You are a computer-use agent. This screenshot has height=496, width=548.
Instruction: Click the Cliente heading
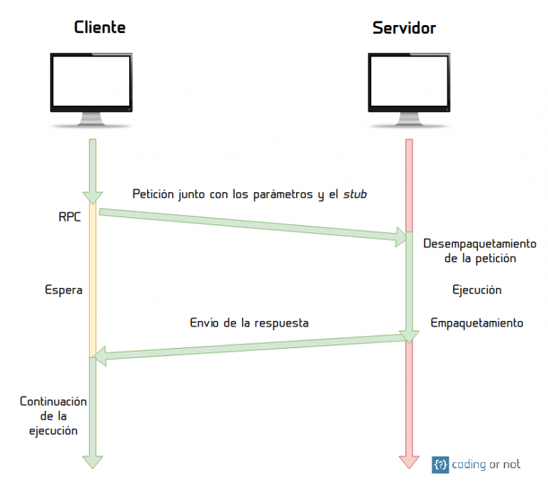click(100, 28)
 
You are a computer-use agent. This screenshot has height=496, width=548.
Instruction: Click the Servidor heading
click(404, 28)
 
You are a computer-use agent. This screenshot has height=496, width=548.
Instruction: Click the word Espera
click(64, 290)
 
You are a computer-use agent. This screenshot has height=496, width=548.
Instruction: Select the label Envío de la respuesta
click(249, 323)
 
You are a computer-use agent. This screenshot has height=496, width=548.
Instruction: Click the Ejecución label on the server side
click(477, 290)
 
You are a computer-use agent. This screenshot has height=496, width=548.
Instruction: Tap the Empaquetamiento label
click(477, 323)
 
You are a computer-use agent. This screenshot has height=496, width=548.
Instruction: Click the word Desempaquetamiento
click(479, 243)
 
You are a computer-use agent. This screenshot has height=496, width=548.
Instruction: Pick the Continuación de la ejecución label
click(54, 416)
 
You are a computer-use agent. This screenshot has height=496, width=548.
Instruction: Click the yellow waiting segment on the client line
click(92, 286)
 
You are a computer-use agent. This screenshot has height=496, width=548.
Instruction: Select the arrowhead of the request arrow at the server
click(400, 238)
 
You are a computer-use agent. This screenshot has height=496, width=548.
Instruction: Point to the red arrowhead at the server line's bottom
click(409, 461)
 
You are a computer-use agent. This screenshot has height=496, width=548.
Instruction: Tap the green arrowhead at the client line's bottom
click(92, 461)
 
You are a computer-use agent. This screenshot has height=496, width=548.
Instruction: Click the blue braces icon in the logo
click(440, 465)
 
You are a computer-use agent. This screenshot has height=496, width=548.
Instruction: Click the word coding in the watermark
click(469, 465)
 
